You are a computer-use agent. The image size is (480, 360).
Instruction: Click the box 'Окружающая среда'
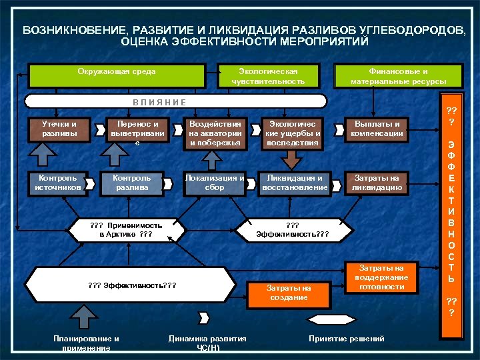click(116, 75)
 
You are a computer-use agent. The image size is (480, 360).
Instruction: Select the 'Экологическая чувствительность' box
click(268, 75)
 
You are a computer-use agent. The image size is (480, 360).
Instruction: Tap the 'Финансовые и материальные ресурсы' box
click(398, 75)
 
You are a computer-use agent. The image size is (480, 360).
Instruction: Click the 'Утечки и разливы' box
click(59, 129)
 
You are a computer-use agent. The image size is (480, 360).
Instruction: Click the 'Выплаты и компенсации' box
click(378, 129)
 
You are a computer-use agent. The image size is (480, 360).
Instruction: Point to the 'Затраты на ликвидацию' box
click(377, 183)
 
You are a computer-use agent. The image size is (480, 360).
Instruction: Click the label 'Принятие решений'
click(347, 339)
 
